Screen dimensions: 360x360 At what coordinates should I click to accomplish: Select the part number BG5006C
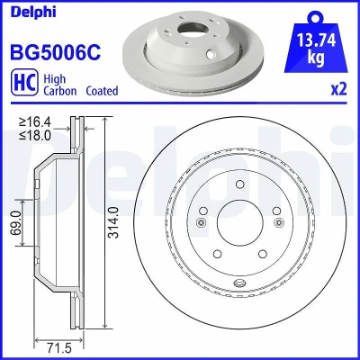click(56, 52)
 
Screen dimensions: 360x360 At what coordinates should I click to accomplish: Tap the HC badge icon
click(24, 82)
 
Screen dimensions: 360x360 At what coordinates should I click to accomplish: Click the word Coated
click(102, 91)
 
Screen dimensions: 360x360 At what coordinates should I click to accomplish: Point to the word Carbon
click(60, 91)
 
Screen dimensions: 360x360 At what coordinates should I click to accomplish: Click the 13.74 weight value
click(316, 40)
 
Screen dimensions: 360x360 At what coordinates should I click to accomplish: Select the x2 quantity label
click(339, 89)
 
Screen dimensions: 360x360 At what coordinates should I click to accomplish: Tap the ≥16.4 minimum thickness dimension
click(35, 122)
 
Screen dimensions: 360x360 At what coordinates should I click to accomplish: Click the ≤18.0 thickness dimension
click(35, 135)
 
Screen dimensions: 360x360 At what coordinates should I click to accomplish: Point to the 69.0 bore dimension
click(16, 222)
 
